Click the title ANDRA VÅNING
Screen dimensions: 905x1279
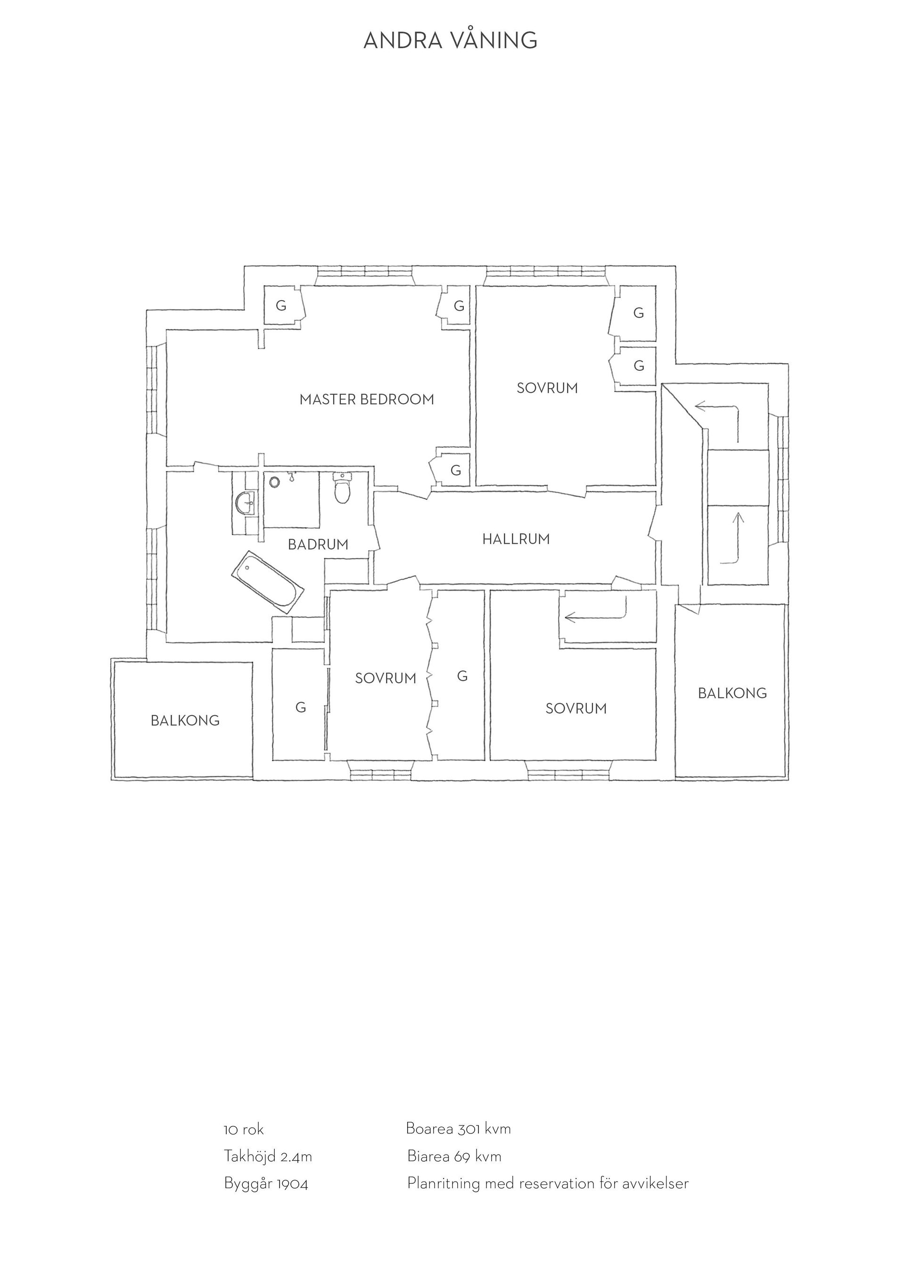[x=450, y=40]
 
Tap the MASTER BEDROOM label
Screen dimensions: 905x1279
[x=367, y=399]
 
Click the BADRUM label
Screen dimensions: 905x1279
[x=318, y=544]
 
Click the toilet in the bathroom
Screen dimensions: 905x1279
[x=342, y=488]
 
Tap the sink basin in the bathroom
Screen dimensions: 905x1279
[x=245, y=504]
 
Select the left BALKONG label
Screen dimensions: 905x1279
[x=185, y=721]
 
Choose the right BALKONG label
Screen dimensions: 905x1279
[x=732, y=693]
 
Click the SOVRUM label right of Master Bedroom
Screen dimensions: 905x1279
[x=547, y=388]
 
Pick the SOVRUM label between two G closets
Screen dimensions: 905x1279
[x=386, y=678]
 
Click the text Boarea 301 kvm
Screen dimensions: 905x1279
[x=458, y=1129]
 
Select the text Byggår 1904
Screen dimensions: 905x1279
[x=266, y=1183]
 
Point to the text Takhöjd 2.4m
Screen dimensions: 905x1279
[x=268, y=1157]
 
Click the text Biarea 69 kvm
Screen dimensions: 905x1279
[x=454, y=1157]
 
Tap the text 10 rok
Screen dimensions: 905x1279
[x=244, y=1130]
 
